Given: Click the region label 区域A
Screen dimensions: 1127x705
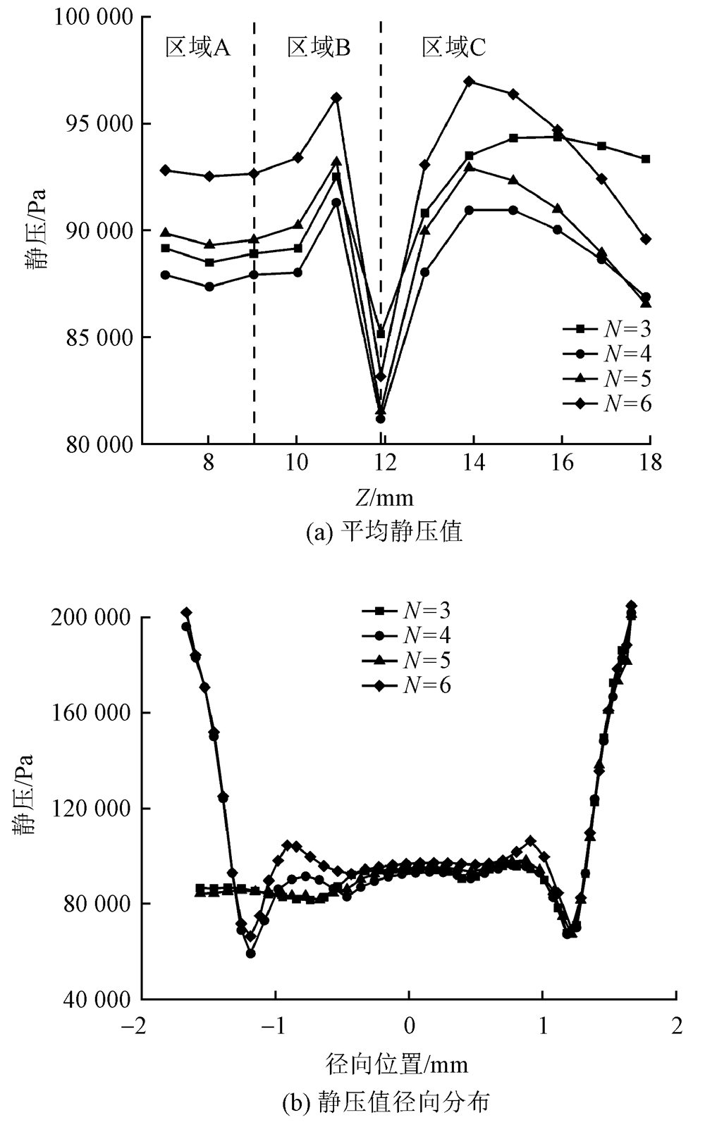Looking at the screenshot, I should pos(197,47).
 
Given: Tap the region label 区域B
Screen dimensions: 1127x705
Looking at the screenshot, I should pos(319,47).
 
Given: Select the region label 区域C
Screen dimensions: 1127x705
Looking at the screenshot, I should pos(453,47).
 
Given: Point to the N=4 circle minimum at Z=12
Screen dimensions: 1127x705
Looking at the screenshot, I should pos(381,418).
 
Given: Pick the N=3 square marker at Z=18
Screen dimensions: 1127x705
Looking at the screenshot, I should pos(646,159).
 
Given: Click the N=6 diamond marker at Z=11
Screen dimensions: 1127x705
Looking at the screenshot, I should pos(336,97).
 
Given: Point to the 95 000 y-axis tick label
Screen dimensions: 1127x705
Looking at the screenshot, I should pos(93,124).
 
